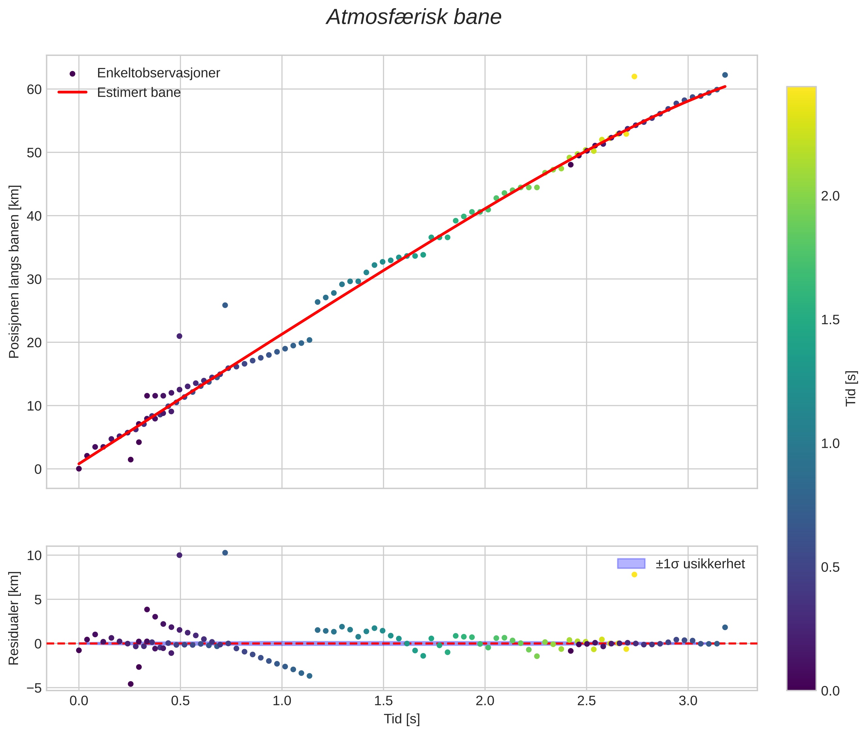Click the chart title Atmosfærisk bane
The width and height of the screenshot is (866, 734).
point(414,17)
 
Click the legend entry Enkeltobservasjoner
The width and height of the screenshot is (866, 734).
point(158,73)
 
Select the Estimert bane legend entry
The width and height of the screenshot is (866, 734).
point(139,92)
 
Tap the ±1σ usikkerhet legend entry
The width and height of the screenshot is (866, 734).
point(700,564)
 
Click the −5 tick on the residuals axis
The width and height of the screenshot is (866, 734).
point(33,688)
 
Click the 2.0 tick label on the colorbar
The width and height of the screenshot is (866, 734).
point(830,196)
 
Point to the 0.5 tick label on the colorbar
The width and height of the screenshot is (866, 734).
point(830,568)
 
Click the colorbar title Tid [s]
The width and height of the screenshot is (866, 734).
point(851,389)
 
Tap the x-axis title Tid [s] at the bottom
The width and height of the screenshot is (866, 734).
point(402,719)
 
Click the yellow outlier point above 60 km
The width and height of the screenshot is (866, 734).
point(634,76)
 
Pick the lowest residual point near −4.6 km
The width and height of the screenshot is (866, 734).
point(131,684)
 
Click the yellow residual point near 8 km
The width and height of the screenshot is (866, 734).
point(634,575)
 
